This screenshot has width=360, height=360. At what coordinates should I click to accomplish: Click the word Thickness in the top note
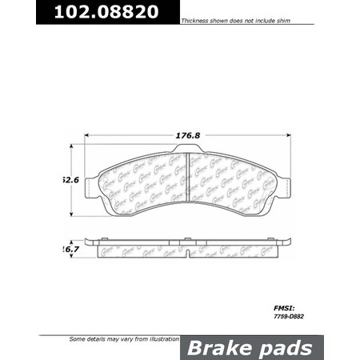pos(197,20)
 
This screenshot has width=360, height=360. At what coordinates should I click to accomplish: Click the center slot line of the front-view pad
pos(186,184)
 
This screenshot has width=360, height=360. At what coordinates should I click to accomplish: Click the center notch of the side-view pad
pos(186,254)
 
